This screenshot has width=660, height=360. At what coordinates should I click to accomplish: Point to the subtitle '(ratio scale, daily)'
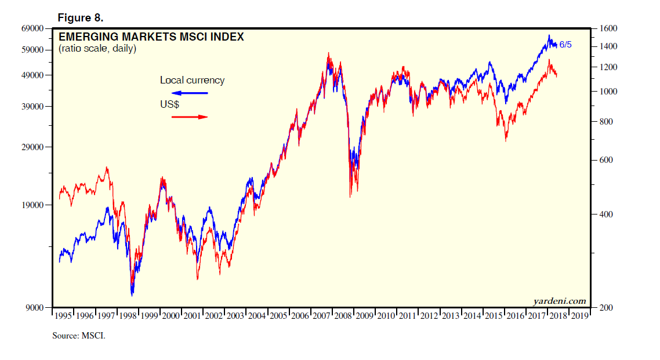pos(97,49)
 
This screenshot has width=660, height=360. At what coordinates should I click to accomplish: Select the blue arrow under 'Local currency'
pos(190,93)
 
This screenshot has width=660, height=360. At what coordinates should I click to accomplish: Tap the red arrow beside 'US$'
pos(190,117)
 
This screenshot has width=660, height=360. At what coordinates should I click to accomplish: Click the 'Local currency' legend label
pos(192,80)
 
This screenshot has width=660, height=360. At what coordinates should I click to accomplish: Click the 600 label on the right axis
pos(605,161)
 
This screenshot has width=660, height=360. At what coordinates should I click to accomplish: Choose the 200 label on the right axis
pos(605,308)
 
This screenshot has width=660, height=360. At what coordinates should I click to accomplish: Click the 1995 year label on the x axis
pos(63,316)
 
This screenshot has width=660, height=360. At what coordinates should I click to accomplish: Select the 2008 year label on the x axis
pos(342,316)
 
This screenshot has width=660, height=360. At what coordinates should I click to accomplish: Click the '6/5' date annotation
pos(565,45)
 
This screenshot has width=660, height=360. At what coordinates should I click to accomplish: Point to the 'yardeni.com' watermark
pos(559,301)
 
